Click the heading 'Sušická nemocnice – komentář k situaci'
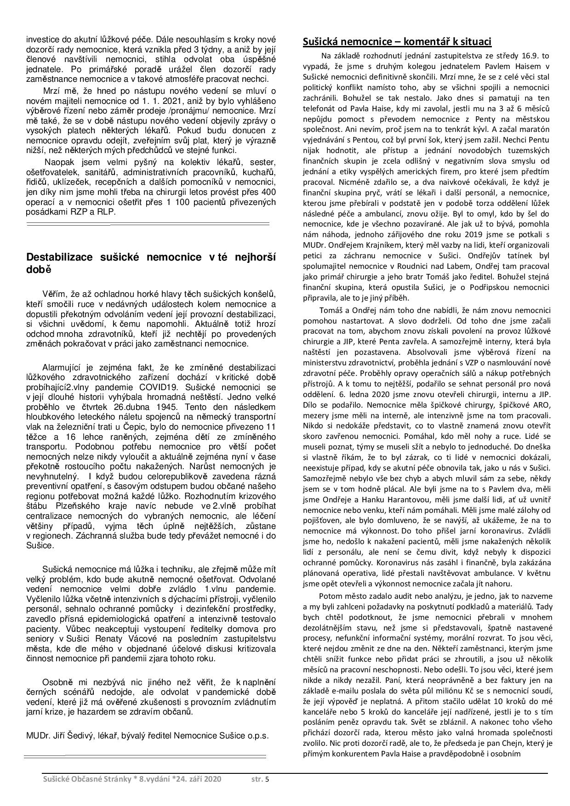click(397, 42)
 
